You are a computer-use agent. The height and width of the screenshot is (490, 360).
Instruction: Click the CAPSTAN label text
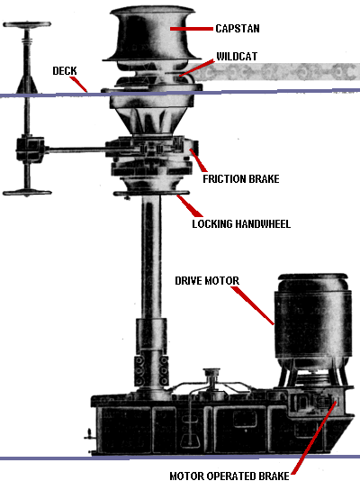[238, 29]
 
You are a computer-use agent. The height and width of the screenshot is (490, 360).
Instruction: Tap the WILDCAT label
[237, 57]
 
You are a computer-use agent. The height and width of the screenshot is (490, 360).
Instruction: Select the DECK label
[65, 71]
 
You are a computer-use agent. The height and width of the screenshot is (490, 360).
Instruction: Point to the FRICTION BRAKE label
[241, 179]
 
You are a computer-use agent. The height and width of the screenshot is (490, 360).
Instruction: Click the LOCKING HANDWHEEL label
[241, 224]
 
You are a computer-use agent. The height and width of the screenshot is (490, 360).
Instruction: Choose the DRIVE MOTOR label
[207, 281]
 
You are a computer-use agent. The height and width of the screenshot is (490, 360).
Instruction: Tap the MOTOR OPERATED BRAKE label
[229, 476]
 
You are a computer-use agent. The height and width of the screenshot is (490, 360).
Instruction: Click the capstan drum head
[152, 34]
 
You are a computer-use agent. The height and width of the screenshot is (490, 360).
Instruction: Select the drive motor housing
[313, 321]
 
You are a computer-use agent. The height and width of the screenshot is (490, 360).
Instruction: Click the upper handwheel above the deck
[27, 24]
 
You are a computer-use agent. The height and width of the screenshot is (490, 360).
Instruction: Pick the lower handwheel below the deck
[27, 193]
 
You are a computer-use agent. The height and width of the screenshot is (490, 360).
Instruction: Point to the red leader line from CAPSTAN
[192, 29]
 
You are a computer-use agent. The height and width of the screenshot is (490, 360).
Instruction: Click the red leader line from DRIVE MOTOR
[253, 305]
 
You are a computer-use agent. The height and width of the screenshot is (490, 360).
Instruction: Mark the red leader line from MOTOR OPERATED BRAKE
[314, 438]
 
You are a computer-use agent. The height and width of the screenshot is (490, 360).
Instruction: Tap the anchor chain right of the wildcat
[274, 72]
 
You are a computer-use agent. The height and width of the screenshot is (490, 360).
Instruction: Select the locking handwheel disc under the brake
[151, 194]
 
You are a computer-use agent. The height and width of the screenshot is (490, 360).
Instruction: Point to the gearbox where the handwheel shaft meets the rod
[30, 150]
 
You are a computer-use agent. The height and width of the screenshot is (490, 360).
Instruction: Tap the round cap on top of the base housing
[211, 372]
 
